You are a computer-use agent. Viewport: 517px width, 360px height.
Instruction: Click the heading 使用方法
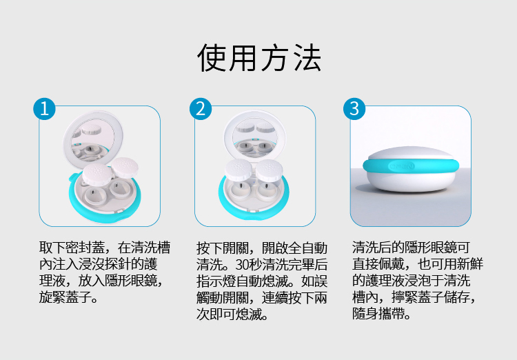pyautogui.click(x=259, y=58)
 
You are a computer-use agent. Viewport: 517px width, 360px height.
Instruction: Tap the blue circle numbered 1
pyautogui.click(x=44, y=108)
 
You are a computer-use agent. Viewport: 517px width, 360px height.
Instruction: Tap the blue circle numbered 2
pyautogui.click(x=201, y=108)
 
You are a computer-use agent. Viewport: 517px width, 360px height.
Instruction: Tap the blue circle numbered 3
pyautogui.click(x=354, y=108)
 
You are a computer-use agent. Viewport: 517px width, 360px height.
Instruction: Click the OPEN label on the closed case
pyautogui.click(x=401, y=166)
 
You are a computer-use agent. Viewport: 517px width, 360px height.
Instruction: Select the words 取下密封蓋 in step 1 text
pyautogui.click(x=72, y=248)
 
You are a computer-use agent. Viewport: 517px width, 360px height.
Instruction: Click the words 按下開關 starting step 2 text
pyautogui.click(x=222, y=248)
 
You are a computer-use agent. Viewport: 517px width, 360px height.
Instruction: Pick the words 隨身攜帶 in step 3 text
pyautogui.click(x=378, y=314)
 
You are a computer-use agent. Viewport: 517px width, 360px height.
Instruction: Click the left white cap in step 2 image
pyautogui.click(x=239, y=170)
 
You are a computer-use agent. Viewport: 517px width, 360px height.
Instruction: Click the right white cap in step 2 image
pyautogui.click(x=269, y=170)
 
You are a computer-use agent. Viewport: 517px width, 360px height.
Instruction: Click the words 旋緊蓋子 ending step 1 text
pyautogui.click(x=65, y=297)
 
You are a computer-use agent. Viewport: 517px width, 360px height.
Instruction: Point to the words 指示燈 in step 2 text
pyautogui.click(x=216, y=281)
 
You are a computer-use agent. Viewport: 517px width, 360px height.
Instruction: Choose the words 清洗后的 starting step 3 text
pyautogui.click(x=378, y=248)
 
